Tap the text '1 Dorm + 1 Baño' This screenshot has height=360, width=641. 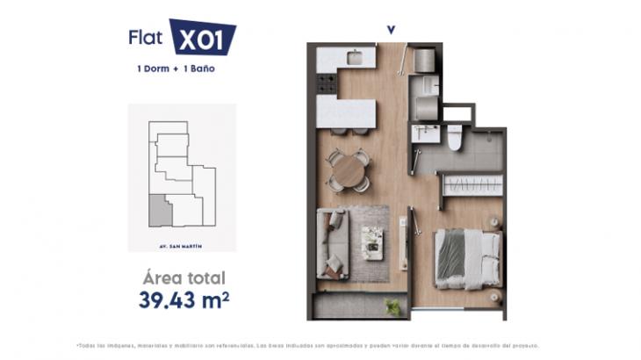pyautogui.click(x=171, y=68)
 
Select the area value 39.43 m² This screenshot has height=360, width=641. pyautogui.click(x=184, y=299)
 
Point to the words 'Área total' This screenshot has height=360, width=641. pyautogui.click(x=184, y=277)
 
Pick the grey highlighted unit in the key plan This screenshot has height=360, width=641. pyautogui.click(x=159, y=211)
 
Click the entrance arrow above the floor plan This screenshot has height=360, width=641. pyautogui.click(x=391, y=30)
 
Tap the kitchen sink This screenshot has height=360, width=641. pyautogui.click(x=355, y=58)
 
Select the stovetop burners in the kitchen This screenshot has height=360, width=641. pyautogui.click(x=327, y=83)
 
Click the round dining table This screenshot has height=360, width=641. pyautogui.click(x=349, y=170)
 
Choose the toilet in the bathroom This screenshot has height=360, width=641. pyautogui.click(x=455, y=138)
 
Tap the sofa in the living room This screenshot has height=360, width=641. pyautogui.click(x=334, y=243)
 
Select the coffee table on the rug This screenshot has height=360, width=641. pyautogui.click(x=373, y=242)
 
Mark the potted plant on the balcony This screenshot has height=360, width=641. pyautogui.click(x=393, y=306)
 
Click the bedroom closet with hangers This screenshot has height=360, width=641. pyautogui.click(x=472, y=185)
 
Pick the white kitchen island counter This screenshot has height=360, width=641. pyautogui.click(x=346, y=112)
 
